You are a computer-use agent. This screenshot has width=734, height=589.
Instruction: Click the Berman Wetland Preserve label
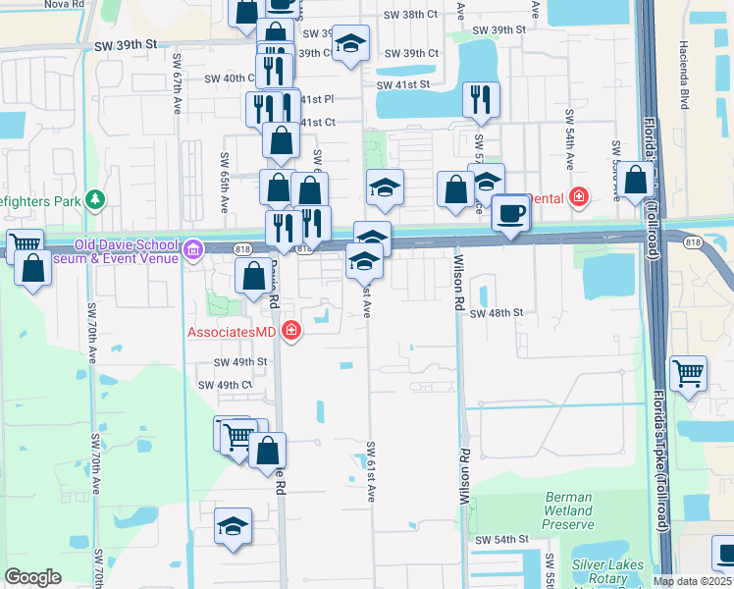pos(568,510)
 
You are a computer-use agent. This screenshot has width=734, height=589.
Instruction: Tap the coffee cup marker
pos(509,214)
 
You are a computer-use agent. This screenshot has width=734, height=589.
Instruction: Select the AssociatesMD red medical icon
pos(290,331)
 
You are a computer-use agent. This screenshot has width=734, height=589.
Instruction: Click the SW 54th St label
pos(501,540)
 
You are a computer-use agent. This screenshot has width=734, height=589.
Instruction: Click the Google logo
pos(32,576)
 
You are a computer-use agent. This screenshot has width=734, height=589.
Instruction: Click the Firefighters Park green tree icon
pos(95,200)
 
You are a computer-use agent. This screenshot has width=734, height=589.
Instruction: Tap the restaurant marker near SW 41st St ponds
pos(481,98)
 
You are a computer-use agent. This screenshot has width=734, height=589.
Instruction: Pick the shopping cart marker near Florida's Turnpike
pos(688,373)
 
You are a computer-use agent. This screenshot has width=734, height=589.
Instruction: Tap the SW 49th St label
pos(240,361)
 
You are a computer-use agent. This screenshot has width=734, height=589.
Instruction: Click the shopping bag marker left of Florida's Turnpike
pos(636,181)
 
